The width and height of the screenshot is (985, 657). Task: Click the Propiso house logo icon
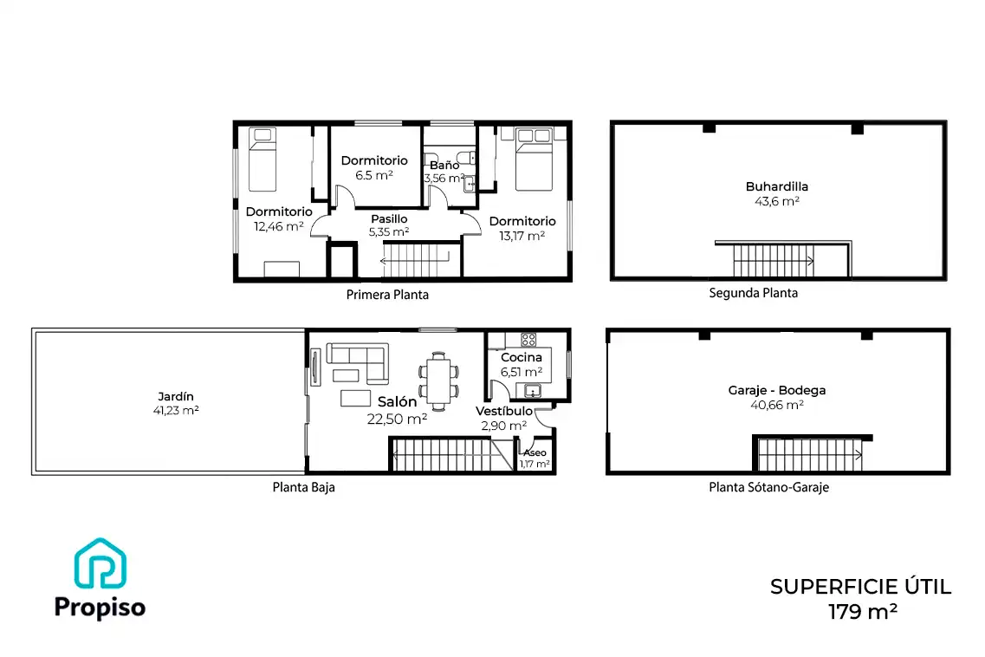[100, 564]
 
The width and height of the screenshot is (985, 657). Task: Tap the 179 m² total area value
[862, 611]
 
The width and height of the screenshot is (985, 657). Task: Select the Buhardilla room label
[776, 186]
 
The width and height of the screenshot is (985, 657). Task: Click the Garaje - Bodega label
[776, 390]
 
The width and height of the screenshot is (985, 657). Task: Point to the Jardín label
[176, 397]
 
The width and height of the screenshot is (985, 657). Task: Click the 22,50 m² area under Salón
[397, 419]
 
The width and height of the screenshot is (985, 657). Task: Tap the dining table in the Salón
[438, 381]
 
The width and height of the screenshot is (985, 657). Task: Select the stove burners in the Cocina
[528, 340]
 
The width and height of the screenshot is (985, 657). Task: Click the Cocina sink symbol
[532, 391]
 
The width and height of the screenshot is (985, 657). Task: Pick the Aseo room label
[535, 452]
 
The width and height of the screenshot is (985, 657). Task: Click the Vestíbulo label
[504, 411]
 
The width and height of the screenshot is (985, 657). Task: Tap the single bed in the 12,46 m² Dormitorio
[262, 159]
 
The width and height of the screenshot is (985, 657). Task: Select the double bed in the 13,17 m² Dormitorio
[534, 159]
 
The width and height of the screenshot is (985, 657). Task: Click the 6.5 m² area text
[373, 175]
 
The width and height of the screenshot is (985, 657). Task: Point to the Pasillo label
[389, 218]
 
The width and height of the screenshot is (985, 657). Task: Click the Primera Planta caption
[387, 295]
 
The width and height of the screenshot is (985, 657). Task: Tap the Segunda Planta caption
[753, 293]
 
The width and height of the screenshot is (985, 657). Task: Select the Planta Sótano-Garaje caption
[769, 487]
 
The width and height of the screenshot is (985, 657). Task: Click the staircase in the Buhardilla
[774, 260]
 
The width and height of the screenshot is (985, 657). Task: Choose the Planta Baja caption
[303, 487]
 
